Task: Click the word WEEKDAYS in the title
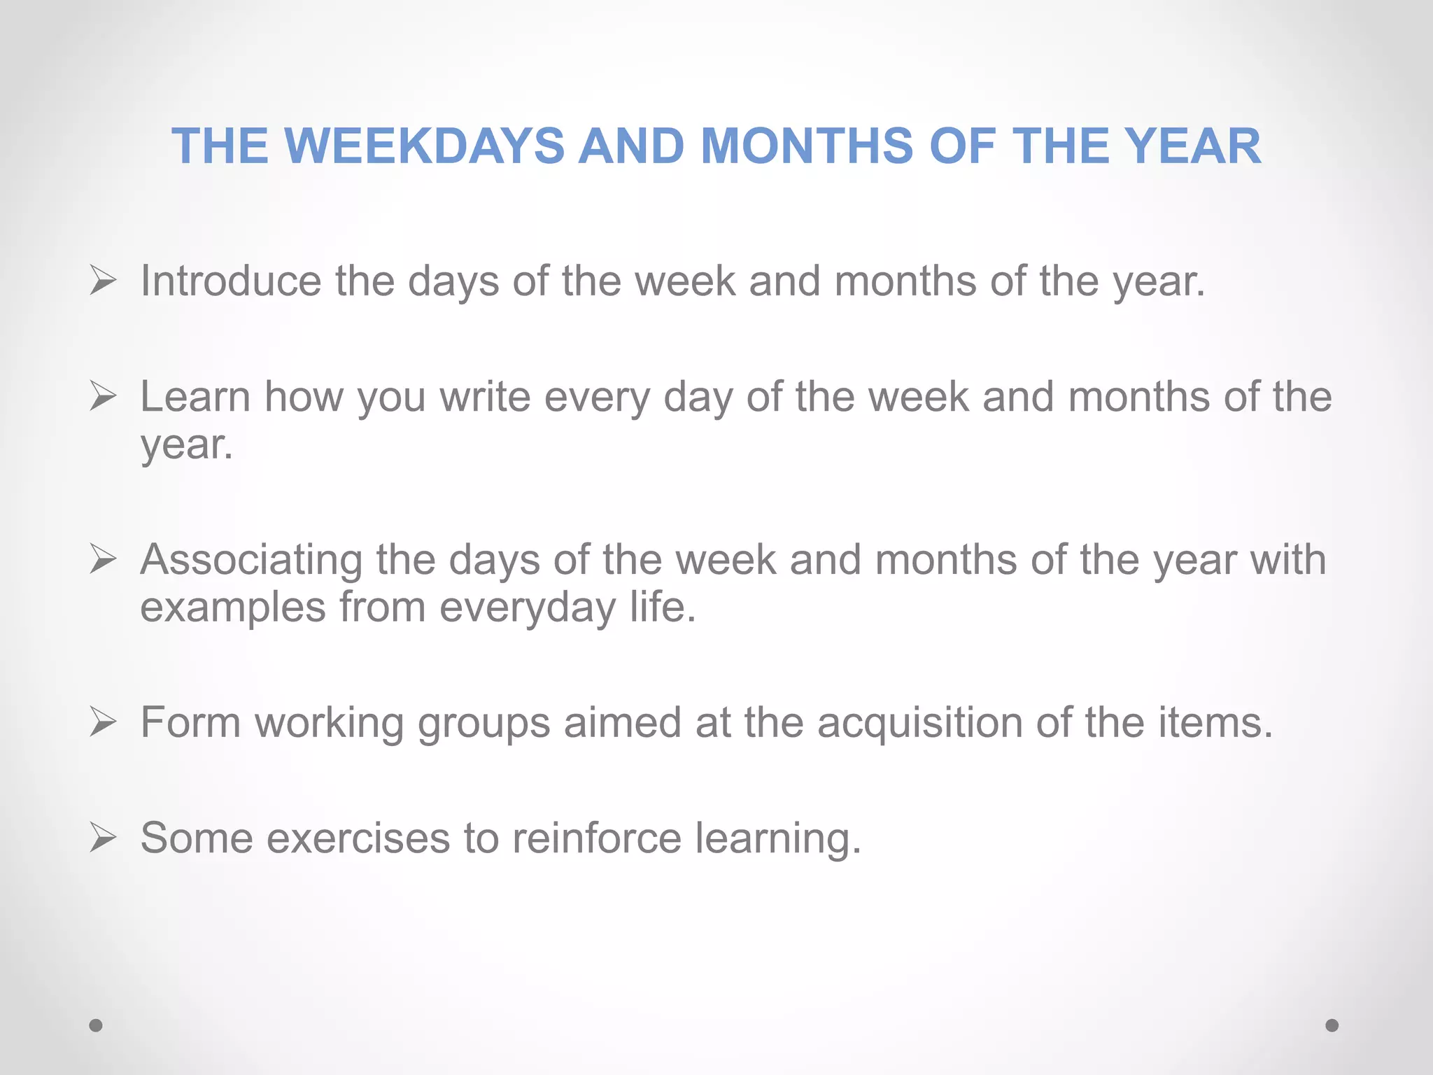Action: point(424,146)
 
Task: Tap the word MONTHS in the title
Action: point(807,146)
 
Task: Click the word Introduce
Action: point(231,281)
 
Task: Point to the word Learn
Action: point(195,397)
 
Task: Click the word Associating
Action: point(251,560)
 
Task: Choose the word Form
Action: point(190,722)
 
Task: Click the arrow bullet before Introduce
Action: point(103,281)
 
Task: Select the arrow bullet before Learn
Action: point(103,397)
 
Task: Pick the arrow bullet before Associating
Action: point(103,560)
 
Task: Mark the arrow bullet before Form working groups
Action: point(103,722)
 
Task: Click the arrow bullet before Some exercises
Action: point(103,838)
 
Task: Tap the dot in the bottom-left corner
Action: point(96,1025)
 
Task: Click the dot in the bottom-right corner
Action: point(1332,1025)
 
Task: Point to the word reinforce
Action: point(597,838)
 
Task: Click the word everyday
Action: point(528,607)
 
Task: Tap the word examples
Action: point(233,607)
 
